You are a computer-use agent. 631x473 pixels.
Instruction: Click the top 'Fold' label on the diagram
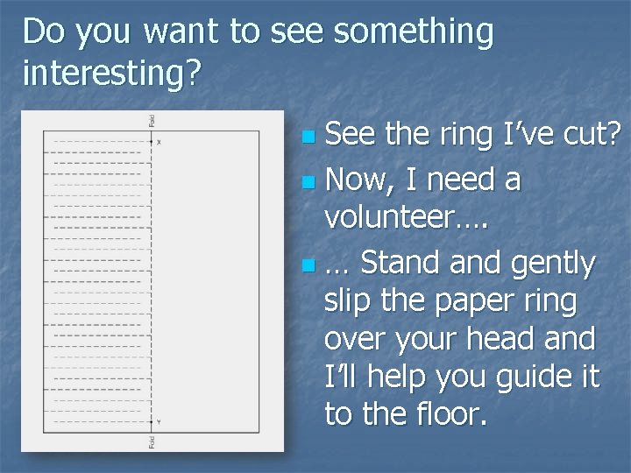click(x=152, y=120)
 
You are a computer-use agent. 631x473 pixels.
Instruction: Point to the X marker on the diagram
click(x=159, y=141)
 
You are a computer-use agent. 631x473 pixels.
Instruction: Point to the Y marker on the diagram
click(x=159, y=422)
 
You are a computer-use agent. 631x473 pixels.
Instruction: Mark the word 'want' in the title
click(x=181, y=32)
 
